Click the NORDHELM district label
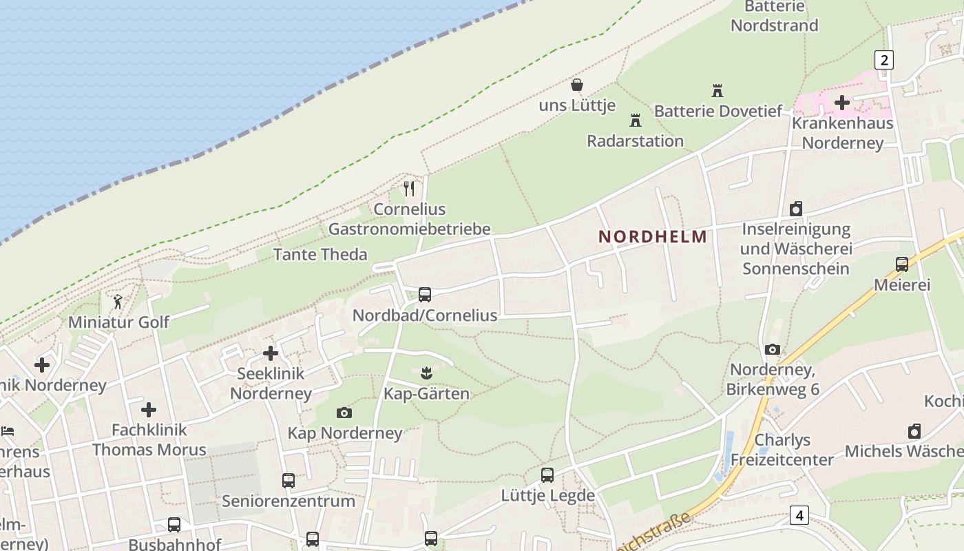point(652,237)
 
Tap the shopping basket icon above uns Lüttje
point(577,85)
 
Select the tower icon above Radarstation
point(635,121)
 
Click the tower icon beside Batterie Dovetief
point(717,90)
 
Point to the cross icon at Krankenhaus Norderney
point(841,103)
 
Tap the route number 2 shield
point(883,60)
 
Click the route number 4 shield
point(799,514)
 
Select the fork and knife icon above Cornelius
point(410,188)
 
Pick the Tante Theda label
point(320,255)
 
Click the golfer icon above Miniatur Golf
point(118,302)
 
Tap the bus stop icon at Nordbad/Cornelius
point(425,295)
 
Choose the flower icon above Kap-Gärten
point(426,373)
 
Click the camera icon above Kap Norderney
point(344,413)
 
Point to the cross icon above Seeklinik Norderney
point(271,353)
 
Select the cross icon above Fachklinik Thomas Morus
point(149,410)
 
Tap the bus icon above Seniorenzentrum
point(289,480)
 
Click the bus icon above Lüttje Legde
point(547,475)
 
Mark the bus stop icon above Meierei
point(901,264)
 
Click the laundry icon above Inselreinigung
point(796,209)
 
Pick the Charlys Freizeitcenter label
point(782,450)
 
